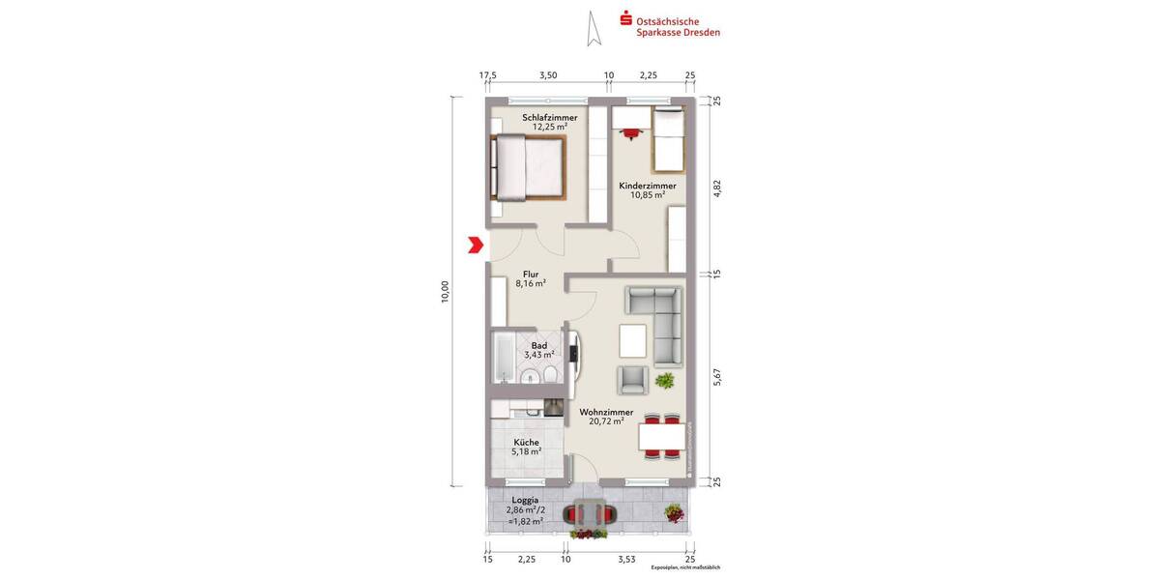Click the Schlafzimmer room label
[549, 122]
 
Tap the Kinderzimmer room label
[647, 189]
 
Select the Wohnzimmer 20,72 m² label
[606, 416]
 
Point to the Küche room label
[526, 447]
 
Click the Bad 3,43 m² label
[539, 350]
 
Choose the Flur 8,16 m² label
[530, 279]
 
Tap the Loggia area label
[525, 510]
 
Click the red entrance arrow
[475, 245]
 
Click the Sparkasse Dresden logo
[670, 25]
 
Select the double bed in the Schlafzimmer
[527, 167]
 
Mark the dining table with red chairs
[662, 437]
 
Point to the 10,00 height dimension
[445, 291]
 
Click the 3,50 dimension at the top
[548, 74]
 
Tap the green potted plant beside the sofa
[664, 381]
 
